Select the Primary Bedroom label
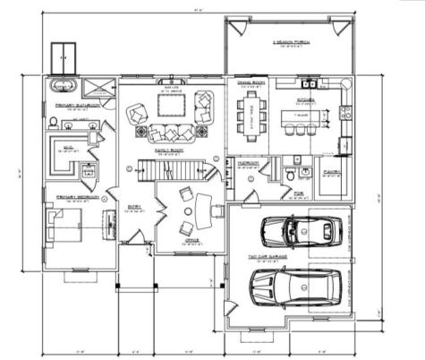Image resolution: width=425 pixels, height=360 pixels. point(69,197)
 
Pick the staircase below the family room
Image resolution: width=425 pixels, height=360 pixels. point(170,168)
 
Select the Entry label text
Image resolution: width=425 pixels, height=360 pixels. point(134,207)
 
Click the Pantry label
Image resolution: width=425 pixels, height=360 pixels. point(328,169)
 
